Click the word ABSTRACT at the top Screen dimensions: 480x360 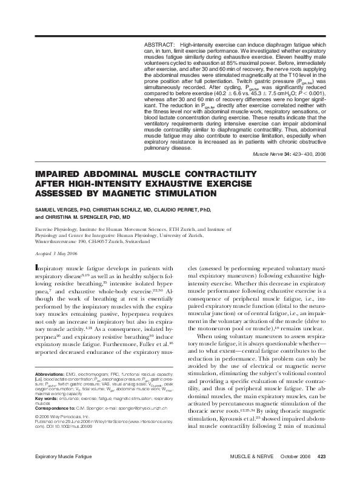coord(159,45)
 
